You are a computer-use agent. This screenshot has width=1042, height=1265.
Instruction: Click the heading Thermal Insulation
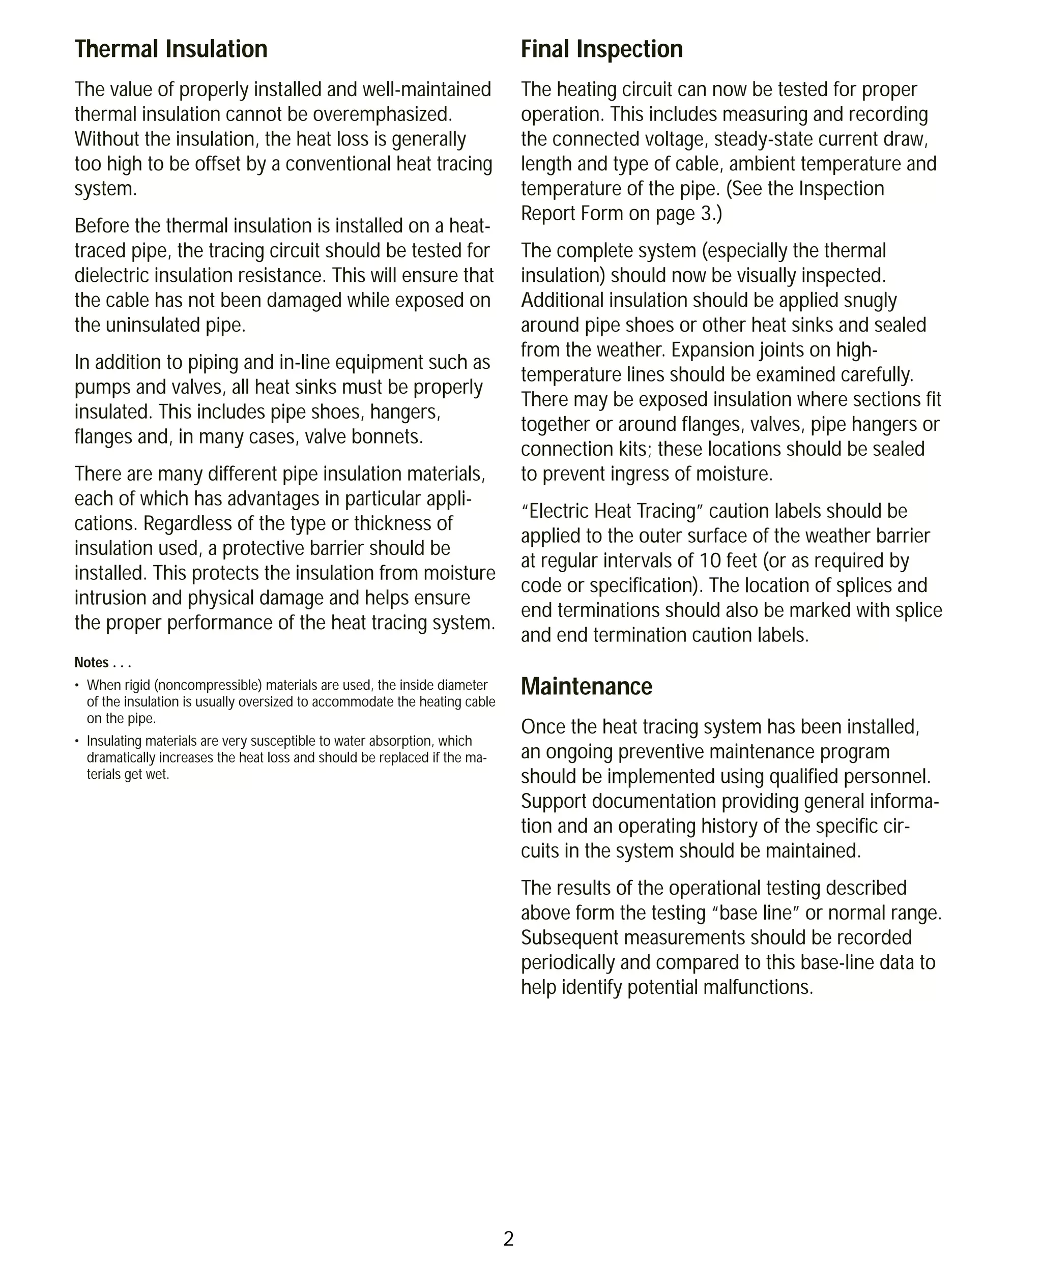point(170,49)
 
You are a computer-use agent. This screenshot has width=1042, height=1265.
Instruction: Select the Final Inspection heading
point(601,49)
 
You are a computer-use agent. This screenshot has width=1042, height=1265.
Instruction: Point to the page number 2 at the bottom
point(508,1239)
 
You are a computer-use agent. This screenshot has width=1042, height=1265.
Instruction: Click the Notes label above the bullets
point(91,662)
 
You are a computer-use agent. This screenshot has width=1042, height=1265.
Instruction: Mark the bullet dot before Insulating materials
point(77,741)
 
